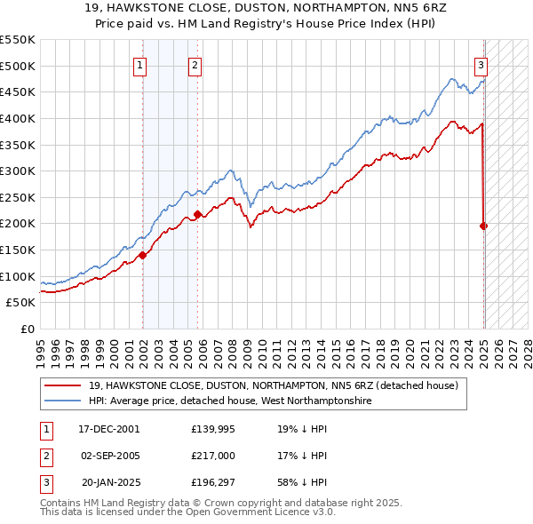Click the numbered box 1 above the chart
141,64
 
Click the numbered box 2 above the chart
195,64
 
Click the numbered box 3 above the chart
481,64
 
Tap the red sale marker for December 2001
142,256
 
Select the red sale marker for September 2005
197,213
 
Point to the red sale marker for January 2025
484,226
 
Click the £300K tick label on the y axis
18,171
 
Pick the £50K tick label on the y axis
21,303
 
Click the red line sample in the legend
62,386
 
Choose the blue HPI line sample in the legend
62,401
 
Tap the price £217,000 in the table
213,456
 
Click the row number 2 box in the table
44,456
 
